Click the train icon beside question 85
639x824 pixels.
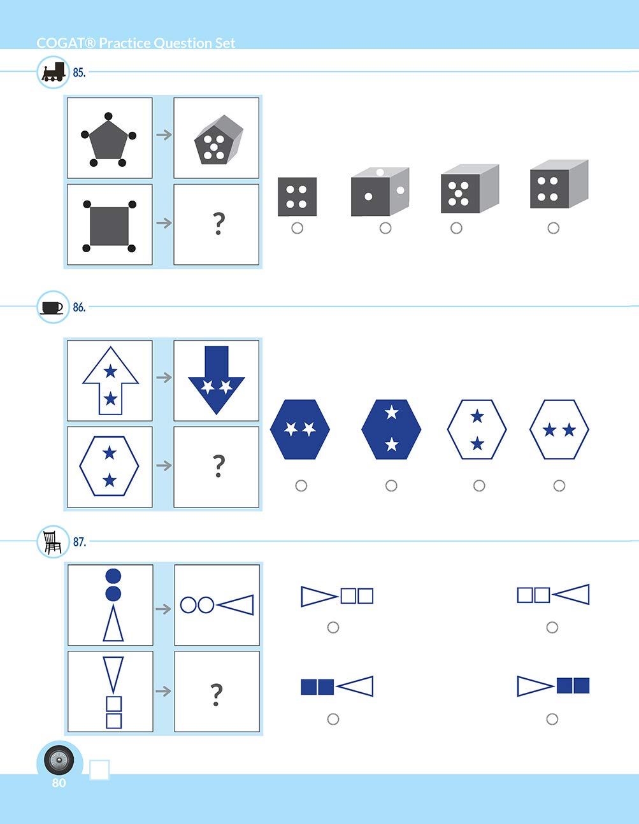click(53, 72)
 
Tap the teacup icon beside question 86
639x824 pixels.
click(52, 307)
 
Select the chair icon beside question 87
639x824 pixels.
click(52, 542)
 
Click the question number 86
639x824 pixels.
click(79, 308)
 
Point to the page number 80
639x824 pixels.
click(59, 783)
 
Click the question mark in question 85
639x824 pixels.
click(218, 224)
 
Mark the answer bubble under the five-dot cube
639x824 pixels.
click(456, 228)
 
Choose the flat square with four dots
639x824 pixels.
click(297, 196)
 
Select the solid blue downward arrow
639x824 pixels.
click(217, 380)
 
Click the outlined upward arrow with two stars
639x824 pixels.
click(110, 380)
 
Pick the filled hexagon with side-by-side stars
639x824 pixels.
click(300, 429)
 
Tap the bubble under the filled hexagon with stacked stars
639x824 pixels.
click(391, 486)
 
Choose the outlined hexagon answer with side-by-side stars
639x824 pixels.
click(559, 430)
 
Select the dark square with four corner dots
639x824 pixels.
click(109, 225)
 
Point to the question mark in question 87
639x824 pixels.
click(217, 693)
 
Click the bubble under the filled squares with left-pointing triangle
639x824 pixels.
click(333, 719)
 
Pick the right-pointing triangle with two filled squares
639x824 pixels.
click(553, 686)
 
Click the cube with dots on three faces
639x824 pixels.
click(380, 192)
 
